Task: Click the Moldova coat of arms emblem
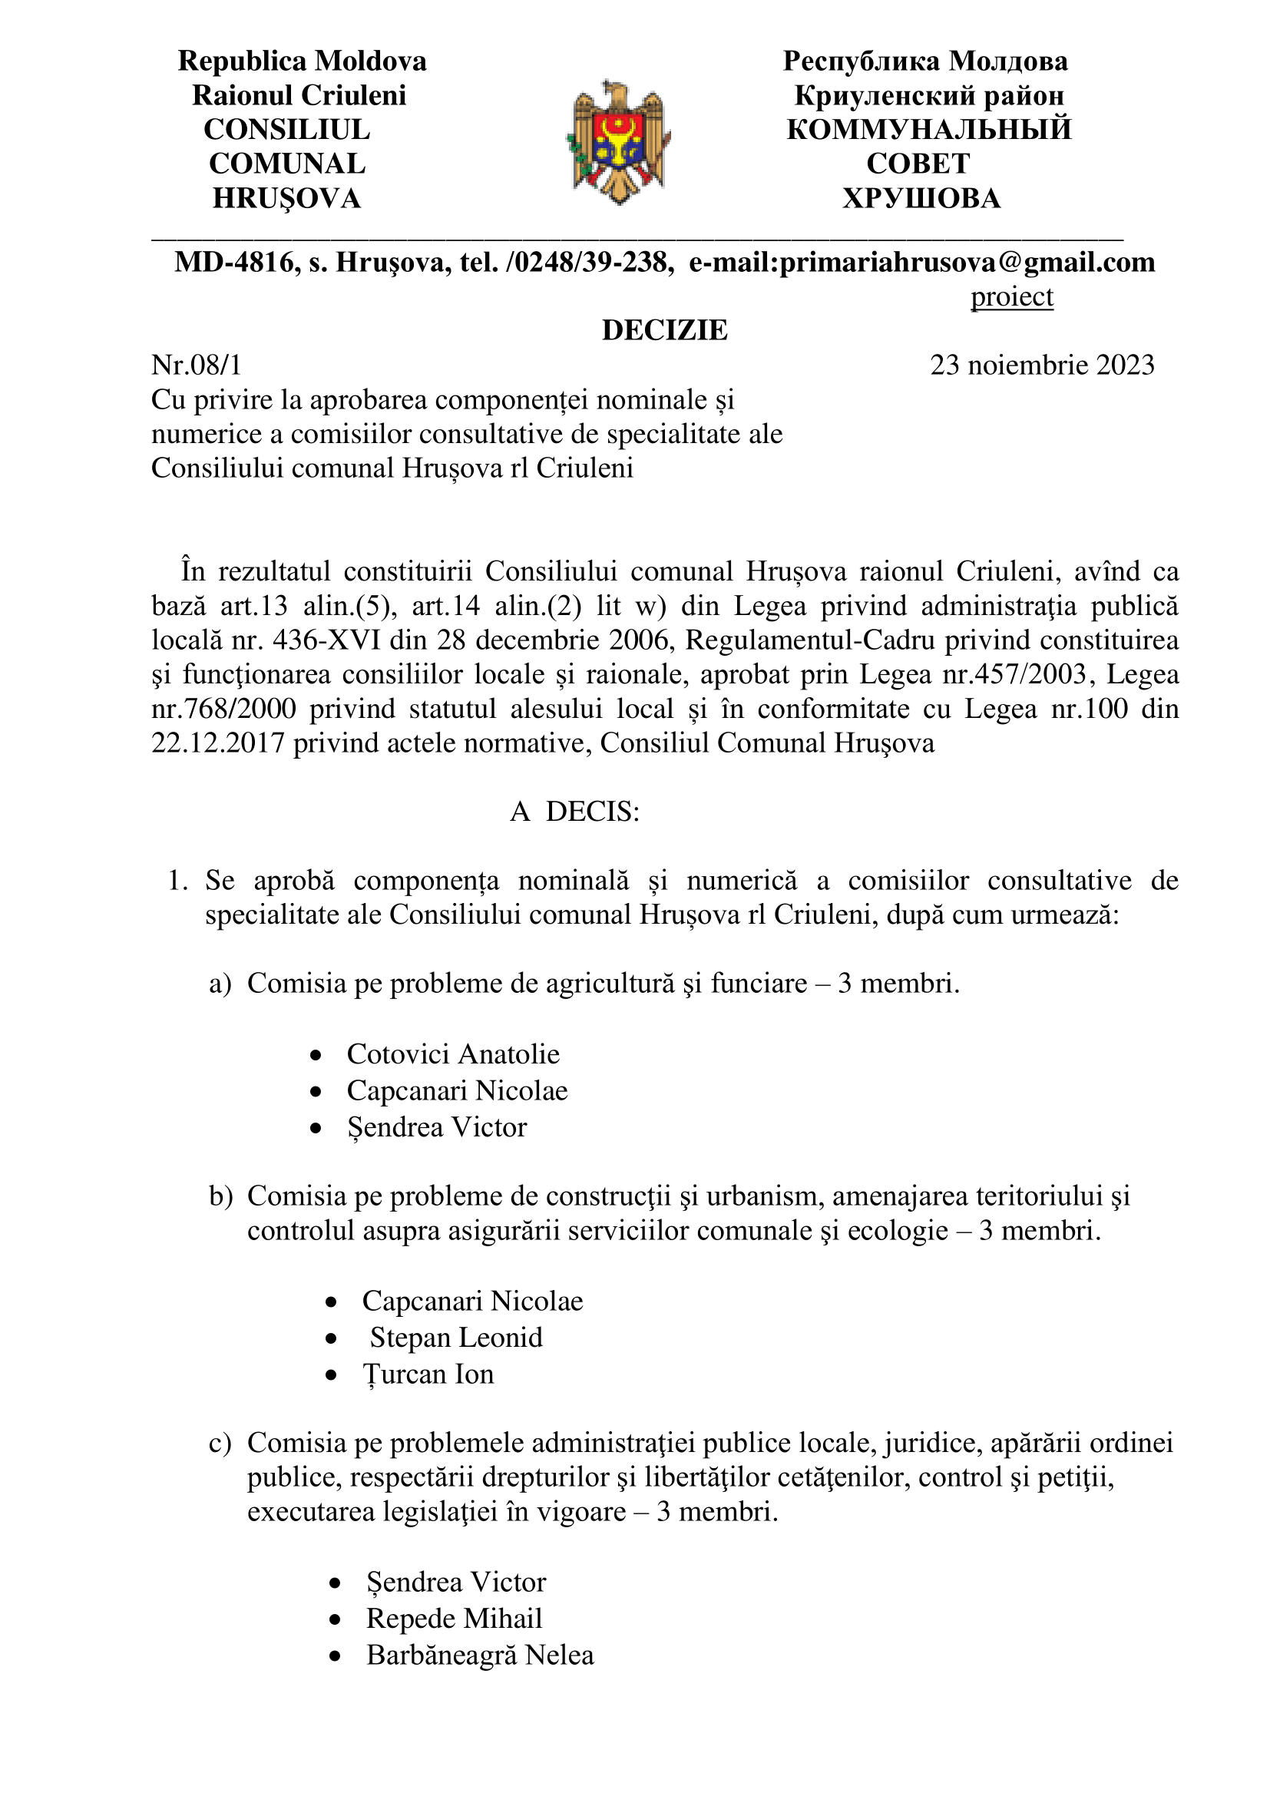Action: (x=619, y=141)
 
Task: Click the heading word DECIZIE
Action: (x=664, y=330)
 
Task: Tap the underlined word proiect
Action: (x=1011, y=297)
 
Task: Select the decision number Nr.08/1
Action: (x=197, y=365)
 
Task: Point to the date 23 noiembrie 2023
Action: (x=1042, y=365)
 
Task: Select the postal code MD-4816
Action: (x=234, y=262)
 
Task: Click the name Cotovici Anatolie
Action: (x=453, y=1054)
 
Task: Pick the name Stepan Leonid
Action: (x=456, y=1338)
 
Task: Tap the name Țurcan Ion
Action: (x=428, y=1374)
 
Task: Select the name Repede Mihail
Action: (x=454, y=1619)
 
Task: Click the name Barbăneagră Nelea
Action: (x=480, y=1655)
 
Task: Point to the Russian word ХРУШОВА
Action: (x=921, y=199)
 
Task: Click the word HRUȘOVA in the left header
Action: (x=287, y=199)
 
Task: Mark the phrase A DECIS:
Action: (x=575, y=812)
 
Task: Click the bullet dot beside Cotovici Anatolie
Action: (x=315, y=1056)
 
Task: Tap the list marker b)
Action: (x=220, y=1196)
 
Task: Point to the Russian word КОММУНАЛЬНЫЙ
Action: (x=928, y=130)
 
